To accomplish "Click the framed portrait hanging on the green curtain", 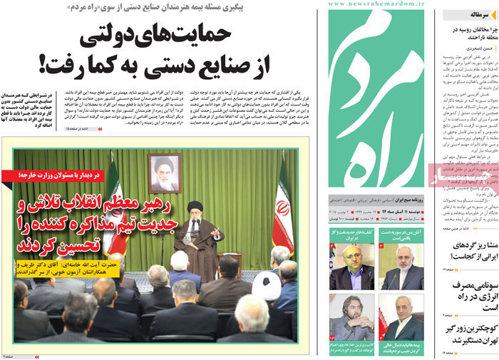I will click(164, 173).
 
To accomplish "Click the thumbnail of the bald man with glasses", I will click(354, 267).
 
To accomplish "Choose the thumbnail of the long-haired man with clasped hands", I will click(353, 318).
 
